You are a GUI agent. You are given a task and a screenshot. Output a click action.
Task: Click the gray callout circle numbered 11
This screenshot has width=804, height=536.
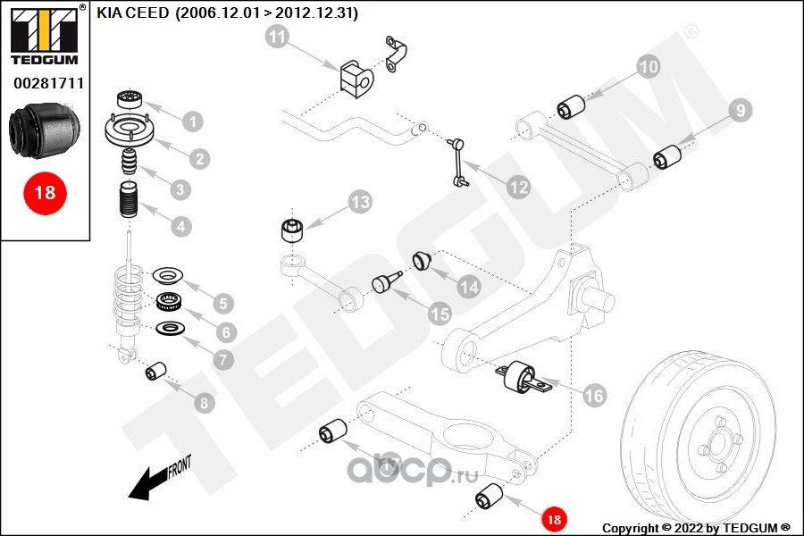tap(278, 38)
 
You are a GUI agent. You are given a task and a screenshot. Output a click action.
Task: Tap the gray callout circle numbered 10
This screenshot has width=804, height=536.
tap(649, 66)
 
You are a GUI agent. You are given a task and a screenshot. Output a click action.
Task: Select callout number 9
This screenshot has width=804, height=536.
tap(739, 111)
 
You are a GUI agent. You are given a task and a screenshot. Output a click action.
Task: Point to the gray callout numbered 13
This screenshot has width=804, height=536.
tap(359, 202)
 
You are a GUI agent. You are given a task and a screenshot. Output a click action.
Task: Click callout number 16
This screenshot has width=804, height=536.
tap(594, 394)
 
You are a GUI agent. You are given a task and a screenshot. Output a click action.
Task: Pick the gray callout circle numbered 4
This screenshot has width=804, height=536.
tap(181, 226)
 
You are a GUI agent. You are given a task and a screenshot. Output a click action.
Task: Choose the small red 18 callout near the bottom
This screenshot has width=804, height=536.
tap(554, 518)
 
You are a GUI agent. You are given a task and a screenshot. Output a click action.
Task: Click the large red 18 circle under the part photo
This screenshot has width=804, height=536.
tap(45, 192)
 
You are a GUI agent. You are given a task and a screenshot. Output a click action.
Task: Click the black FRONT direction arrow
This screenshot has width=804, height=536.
tap(147, 483)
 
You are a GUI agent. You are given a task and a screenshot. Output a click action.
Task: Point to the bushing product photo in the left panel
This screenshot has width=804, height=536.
tap(45, 130)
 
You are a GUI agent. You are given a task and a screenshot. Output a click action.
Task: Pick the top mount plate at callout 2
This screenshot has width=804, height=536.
tap(130, 134)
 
